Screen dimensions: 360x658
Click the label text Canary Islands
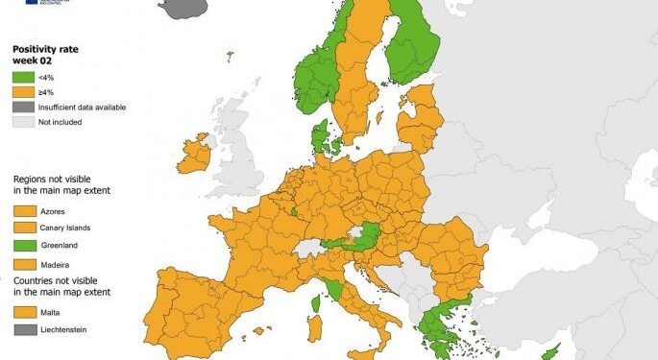point(67,228)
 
